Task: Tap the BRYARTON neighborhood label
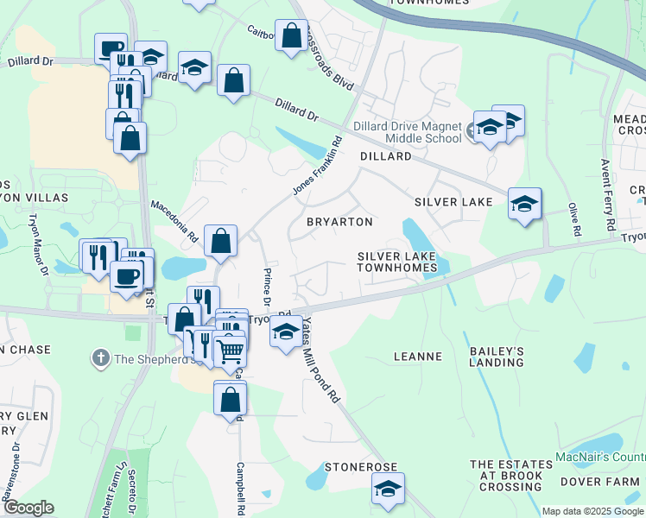tap(340, 222)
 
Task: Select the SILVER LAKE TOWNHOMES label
tap(398, 262)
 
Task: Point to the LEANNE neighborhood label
tap(418, 356)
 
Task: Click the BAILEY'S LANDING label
tap(497, 357)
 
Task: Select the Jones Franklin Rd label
tap(317, 166)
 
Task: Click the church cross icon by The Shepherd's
tap(100, 357)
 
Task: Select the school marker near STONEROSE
tap(388, 488)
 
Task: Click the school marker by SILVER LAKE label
tap(524, 204)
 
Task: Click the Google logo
tap(28, 508)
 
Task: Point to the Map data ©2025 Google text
tap(592, 511)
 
